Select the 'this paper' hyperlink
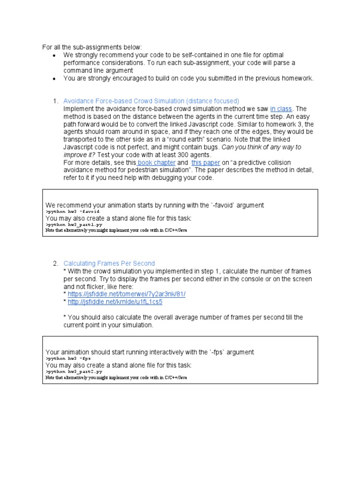click(205, 163)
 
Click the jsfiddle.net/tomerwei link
click(127, 294)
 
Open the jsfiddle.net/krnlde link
click(115, 302)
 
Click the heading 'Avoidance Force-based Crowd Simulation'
click(151, 101)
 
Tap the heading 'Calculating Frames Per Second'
click(109, 263)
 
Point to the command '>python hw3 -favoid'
click(66, 212)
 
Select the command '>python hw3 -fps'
click(63, 358)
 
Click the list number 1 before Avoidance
click(55, 101)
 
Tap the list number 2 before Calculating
click(55, 263)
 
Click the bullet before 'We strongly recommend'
click(54, 55)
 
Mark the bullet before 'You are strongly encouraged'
click(54, 78)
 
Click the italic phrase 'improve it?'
click(80, 155)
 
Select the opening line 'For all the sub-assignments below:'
click(91, 47)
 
